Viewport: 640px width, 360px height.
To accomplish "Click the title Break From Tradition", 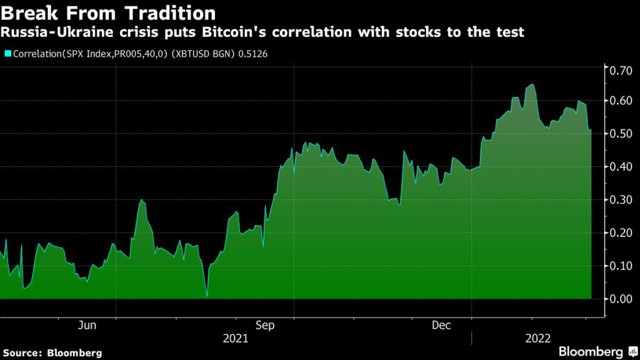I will pyautogui.click(x=109, y=13).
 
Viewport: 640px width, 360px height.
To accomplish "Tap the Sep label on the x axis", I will pyautogui.click(x=266, y=326).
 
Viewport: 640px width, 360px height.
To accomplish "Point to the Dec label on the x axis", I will pyautogui.click(x=442, y=326).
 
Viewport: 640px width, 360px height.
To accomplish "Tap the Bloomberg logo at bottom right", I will pyautogui.click(x=597, y=351).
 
